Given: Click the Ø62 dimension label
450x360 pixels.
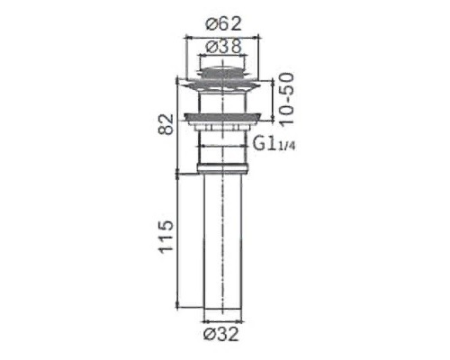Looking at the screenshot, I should click(219, 23).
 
